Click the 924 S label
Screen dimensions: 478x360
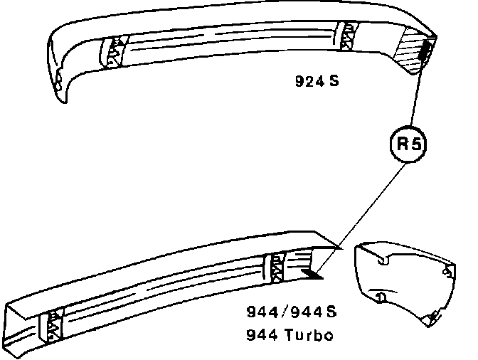tap(317, 80)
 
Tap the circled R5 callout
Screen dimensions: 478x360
tap(410, 144)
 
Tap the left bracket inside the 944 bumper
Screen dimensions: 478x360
tap(53, 324)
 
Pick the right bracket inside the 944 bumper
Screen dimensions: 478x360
tap(275, 268)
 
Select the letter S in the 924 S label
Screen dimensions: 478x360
tap(333, 80)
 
